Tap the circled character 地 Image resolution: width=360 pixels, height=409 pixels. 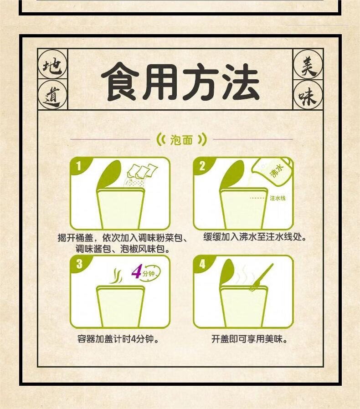52,65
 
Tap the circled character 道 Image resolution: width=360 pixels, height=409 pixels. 52,95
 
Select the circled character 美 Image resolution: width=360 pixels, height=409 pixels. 308,64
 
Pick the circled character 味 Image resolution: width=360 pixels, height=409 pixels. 308,95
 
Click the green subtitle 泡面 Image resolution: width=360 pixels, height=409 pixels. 181,140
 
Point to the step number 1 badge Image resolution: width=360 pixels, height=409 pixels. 79,166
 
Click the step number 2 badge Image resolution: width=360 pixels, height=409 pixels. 202,166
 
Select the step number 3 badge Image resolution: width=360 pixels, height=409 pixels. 79,264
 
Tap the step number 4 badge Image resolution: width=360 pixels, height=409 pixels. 202,264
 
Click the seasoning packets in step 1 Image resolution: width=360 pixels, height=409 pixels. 142,171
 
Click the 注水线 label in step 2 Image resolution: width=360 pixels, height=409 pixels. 278,198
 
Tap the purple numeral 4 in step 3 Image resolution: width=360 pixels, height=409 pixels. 136,271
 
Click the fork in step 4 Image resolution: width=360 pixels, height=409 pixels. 262,277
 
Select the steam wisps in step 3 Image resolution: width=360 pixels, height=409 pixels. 116,276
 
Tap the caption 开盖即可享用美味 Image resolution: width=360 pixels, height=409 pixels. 249,339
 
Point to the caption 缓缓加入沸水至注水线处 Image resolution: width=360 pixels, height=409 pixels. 255,237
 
